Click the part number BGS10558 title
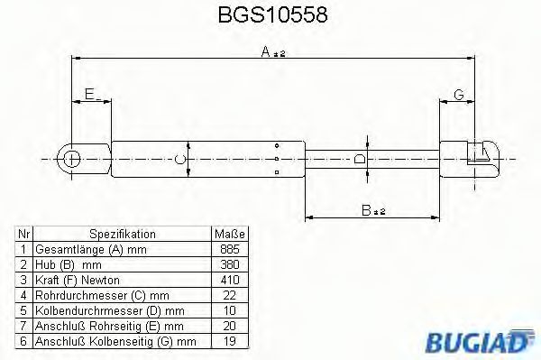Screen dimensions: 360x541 click(270, 16)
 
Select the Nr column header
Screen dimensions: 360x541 click(24, 233)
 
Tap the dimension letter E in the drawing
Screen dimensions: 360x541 click(88, 93)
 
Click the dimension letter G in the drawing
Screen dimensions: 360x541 click(458, 93)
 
